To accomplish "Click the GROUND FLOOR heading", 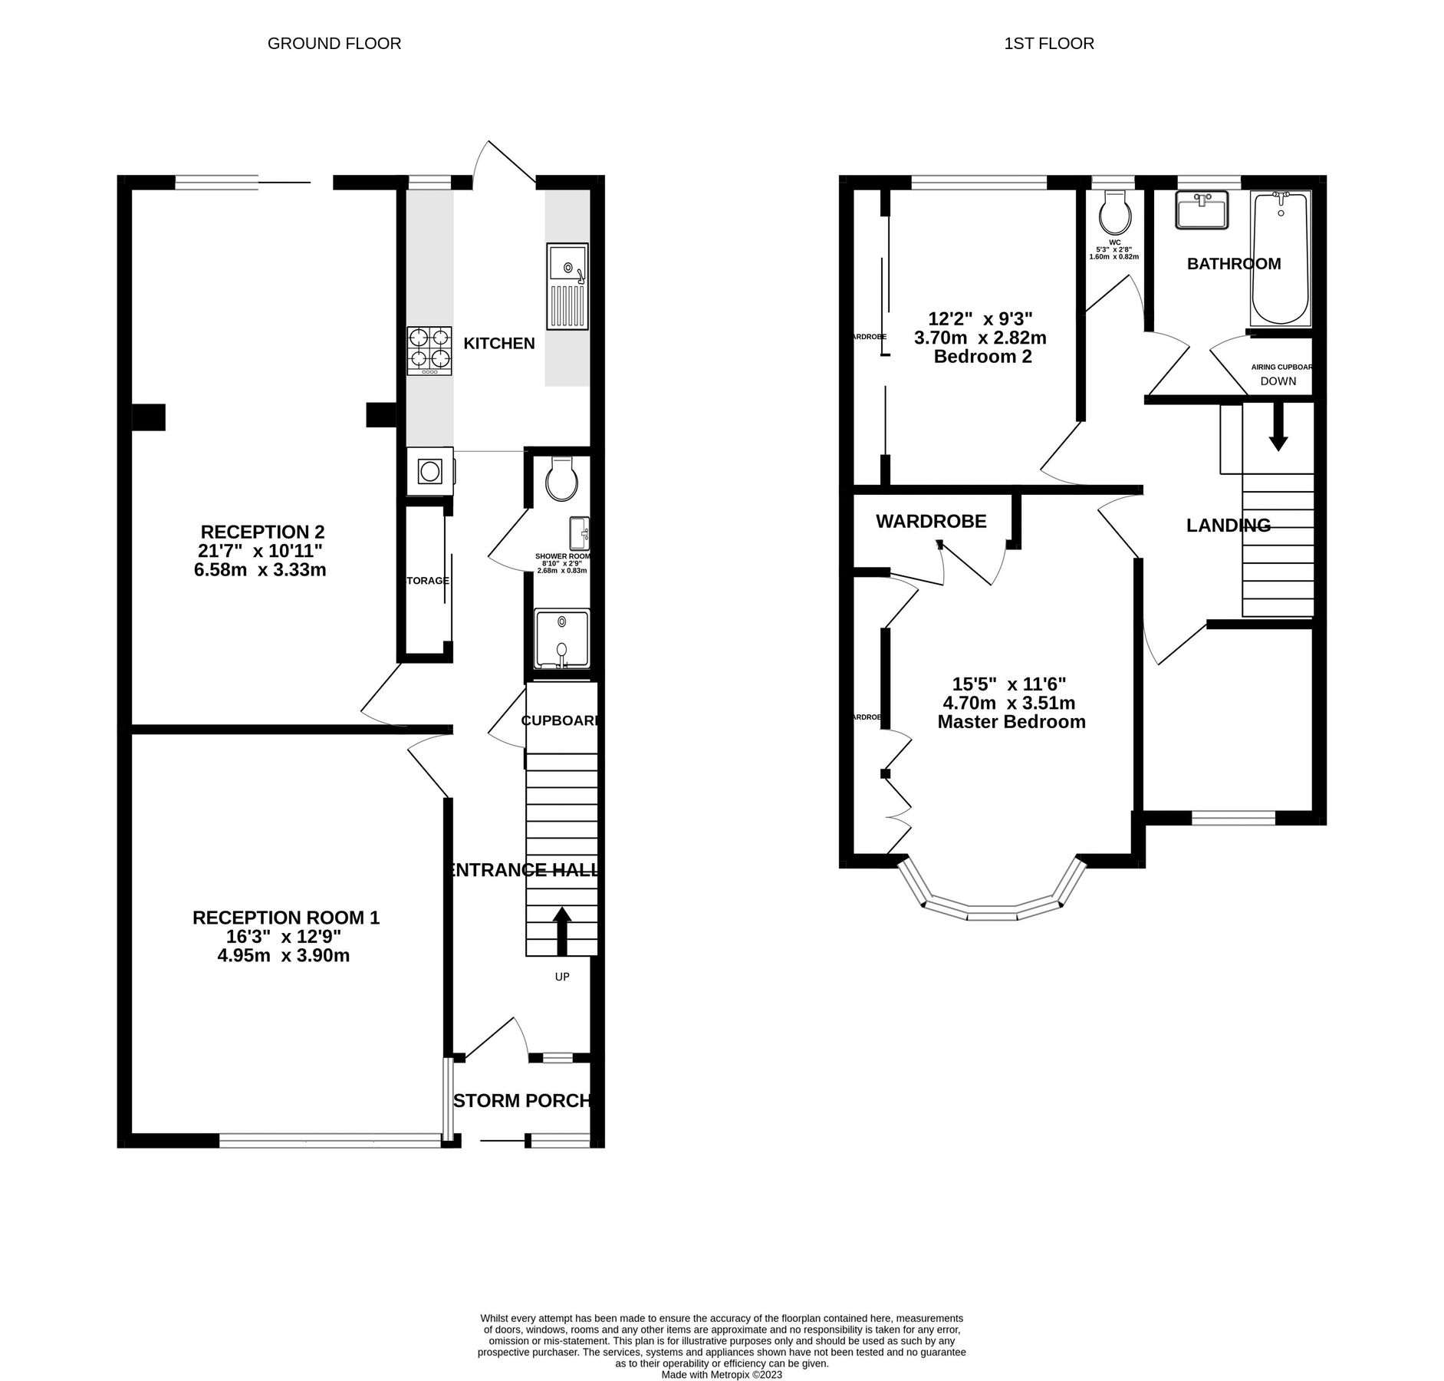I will (x=334, y=44).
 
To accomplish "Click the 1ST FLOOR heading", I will (x=1048, y=44).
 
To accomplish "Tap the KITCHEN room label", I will (x=498, y=344).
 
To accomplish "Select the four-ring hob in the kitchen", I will (x=429, y=351).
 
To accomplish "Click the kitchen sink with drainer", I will (x=567, y=286).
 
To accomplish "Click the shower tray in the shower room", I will (x=562, y=638).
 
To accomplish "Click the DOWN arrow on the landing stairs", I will (x=1278, y=428).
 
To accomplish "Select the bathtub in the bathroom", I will (x=1279, y=259).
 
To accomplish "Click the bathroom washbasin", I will (x=1201, y=209).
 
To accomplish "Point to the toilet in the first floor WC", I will (x=1114, y=213).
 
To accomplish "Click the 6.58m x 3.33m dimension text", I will (x=260, y=570).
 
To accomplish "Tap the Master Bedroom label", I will (x=1011, y=722).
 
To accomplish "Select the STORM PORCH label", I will (x=523, y=1101).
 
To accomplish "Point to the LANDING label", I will (x=1228, y=526).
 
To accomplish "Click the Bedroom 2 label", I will (x=982, y=357).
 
